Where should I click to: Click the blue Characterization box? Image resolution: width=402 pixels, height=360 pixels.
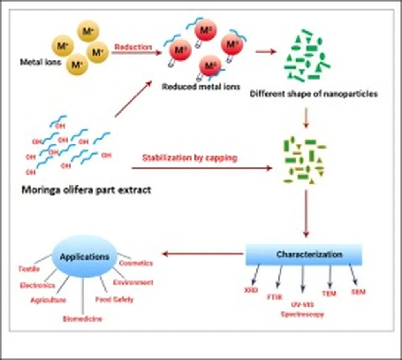coord(303,255)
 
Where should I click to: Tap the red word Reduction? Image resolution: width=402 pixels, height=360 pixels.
coord(133,47)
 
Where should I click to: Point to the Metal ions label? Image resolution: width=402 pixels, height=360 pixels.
coord(40,62)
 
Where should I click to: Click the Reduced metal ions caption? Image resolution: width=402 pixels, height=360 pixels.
coord(201,87)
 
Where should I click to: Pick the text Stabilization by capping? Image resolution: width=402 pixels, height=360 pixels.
coord(189,158)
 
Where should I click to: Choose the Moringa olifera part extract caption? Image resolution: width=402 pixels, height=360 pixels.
coord(86,190)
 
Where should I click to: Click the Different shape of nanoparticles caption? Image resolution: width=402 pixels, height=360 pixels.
coord(313,94)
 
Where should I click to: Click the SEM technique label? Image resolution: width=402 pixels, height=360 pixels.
coord(358,292)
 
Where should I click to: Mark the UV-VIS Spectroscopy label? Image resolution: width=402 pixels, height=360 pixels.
coord(302,309)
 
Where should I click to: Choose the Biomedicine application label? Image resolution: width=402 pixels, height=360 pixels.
coord(82,319)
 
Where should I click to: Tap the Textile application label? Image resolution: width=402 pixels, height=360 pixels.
coord(29,269)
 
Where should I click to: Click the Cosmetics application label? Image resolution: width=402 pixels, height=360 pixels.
coord(136,263)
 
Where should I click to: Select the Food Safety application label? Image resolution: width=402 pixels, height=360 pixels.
coord(114,300)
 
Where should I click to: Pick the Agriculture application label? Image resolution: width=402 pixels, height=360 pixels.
coord(48,300)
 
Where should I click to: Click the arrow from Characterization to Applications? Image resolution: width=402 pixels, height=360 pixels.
coord(203,254)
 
